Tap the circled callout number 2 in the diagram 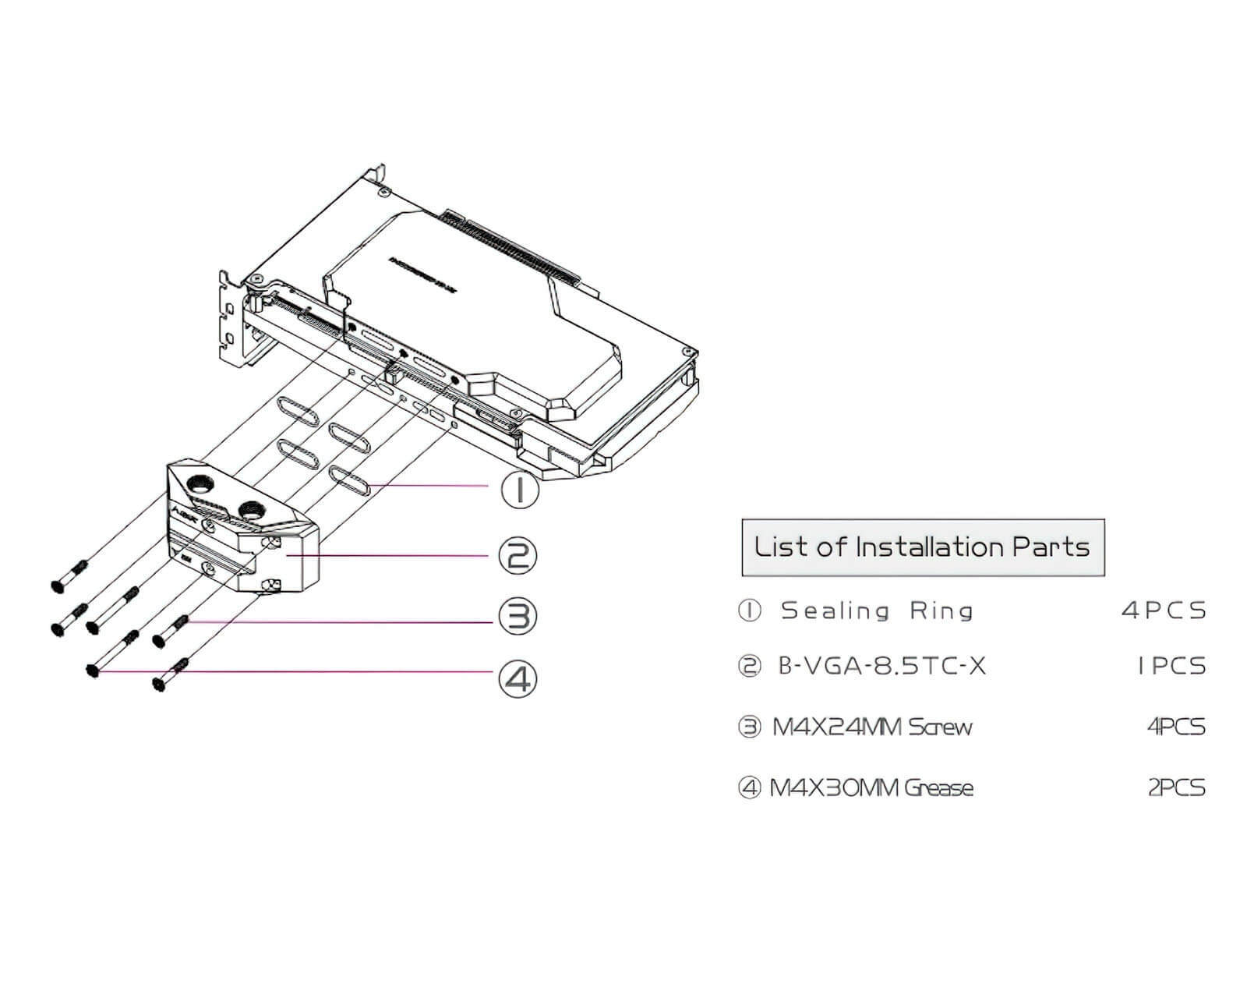coord(518,555)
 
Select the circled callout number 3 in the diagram coord(518,616)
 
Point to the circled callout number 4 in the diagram coord(518,678)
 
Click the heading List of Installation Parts coord(922,547)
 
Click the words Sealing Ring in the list coord(877,610)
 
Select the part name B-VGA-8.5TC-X coord(882,667)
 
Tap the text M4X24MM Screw coord(872,727)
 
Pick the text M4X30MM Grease coord(871,788)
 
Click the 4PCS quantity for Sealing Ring coord(1164,610)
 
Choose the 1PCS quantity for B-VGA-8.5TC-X coord(1171,667)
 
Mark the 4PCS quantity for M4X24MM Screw coord(1175,727)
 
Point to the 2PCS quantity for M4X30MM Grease coord(1176,788)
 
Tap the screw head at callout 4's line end coord(94,671)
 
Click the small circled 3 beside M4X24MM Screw coord(748,727)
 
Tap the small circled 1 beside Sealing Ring coord(748,610)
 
